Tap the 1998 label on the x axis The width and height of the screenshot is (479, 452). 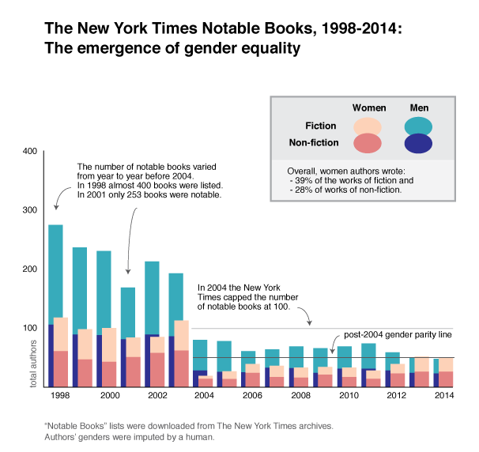click(x=58, y=395)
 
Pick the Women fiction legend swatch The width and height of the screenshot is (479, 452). click(x=368, y=126)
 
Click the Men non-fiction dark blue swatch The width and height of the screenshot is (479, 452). click(x=417, y=143)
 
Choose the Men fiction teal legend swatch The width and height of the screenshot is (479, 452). click(x=417, y=126)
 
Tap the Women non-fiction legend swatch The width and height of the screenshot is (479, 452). click(x=368, y=143)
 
